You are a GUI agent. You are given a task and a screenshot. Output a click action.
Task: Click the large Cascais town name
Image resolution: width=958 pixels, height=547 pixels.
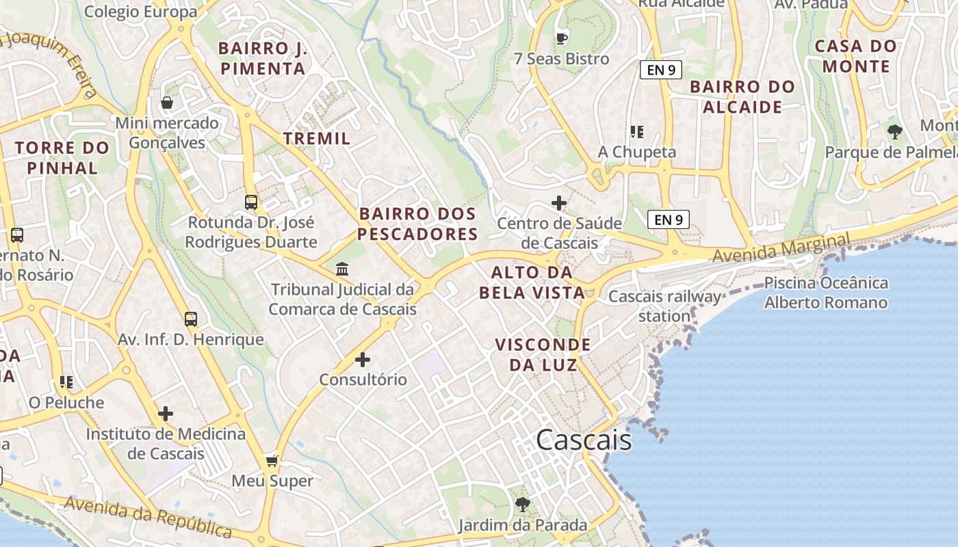(x=584, y=440)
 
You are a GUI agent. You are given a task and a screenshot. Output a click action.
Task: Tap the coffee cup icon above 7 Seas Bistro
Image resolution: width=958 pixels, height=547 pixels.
(x=562, y=38)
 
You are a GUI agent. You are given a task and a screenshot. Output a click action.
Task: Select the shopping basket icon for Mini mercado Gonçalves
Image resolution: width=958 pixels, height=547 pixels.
(x=166, y=103)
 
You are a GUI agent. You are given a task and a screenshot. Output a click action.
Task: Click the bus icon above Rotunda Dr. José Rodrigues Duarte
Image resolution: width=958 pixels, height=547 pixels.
(x=251, y=202)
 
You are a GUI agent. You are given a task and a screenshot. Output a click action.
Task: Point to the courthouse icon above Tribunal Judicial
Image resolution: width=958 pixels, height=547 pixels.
(x=342, y=269)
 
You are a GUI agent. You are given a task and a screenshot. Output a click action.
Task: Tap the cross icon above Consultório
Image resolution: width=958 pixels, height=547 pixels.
(x=363, y=359)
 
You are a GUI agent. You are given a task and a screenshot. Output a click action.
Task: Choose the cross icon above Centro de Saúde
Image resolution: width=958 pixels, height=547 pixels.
(x=559, y=203)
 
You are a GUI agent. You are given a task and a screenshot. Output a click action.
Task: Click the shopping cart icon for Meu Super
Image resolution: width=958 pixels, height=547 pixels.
(x=272, y=461)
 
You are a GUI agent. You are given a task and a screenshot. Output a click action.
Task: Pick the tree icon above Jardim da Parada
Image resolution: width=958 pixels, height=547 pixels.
(x=523, y=505)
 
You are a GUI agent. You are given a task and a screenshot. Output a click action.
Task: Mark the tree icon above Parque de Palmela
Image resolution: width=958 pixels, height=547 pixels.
(x=894, y=131)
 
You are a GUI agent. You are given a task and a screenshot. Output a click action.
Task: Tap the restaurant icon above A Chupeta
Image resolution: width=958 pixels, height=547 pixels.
(x=637, y=131)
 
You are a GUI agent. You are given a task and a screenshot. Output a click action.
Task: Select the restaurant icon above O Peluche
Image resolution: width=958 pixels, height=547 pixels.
(x=66, y=382)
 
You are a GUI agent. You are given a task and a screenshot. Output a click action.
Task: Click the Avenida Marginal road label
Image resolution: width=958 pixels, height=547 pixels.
(x=781, y=248)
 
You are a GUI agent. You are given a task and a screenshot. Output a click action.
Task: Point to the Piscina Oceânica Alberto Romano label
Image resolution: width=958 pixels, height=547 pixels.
(x=826, y=293)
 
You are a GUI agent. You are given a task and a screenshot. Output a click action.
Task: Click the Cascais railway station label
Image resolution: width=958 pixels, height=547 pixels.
(x=664, y=306)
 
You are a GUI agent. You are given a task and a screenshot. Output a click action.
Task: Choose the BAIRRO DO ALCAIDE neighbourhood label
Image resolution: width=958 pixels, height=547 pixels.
(x=742, y=96)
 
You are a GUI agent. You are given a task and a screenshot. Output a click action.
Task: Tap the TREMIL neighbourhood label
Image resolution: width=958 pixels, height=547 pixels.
(x=317, y=138)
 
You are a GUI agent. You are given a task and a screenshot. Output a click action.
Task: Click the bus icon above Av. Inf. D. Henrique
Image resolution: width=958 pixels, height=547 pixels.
(x=191, y=319)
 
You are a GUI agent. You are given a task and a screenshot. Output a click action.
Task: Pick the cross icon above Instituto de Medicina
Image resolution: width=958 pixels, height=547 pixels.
(x=166, y=414)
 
